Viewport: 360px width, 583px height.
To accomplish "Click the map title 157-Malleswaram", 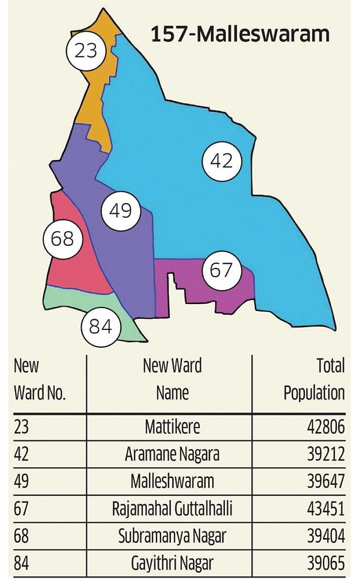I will [x=240, y=35].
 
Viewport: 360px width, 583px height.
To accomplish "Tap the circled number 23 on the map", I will [x=86, y=50].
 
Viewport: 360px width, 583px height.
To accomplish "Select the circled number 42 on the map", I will [x=222, y=160].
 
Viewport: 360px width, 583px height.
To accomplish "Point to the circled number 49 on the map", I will [x=120, y=211].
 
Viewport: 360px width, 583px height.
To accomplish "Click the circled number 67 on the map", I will [x=222, y=270].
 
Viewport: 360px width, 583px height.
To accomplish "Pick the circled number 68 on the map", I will [x=63, y=239].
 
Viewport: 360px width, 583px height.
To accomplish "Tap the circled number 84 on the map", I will [x=101, y=326].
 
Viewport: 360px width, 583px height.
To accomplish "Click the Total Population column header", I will [x=314, y=379].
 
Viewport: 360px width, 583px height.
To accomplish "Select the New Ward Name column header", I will [x=172, y=379].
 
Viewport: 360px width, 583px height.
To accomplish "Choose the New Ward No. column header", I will [x=39, y=379].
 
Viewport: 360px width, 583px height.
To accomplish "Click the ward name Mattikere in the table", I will [x=172, y=427].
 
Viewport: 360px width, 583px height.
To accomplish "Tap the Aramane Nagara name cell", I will [x=172, y=454].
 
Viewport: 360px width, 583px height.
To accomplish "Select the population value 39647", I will [x=326, y=481].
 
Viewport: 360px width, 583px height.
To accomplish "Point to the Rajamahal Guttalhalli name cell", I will [x=172, y=509].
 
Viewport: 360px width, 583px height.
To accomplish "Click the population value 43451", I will [x=326, y=509].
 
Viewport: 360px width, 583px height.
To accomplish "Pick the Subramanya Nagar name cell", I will [x=172, y=536].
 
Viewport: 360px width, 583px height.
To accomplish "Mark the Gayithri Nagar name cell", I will [x=172, y=564].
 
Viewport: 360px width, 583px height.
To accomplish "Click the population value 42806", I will [x=326, y=427].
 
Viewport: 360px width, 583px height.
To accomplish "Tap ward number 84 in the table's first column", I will [x=21, y=564].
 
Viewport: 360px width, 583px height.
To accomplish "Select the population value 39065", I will [x=326, y=564].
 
